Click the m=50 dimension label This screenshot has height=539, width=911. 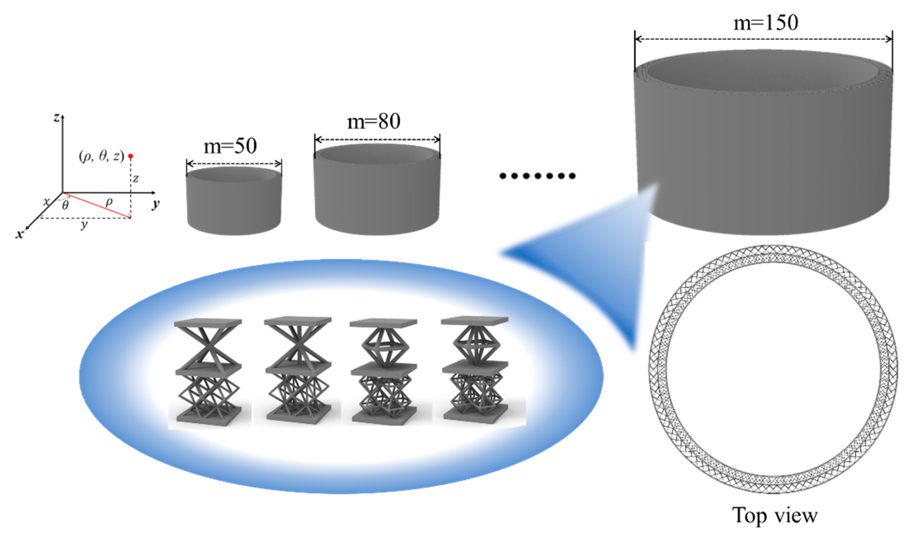click(x=230, y=147)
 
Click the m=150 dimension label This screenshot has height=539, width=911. click(x=766, y=23)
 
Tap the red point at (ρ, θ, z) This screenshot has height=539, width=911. click(x=131, y=156)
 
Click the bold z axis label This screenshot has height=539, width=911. click(x=56, y=118)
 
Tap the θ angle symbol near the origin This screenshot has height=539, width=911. click(x=65, y=206)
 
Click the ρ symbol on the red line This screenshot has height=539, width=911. click(x=108, y=202)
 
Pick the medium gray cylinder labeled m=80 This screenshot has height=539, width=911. click(x=377, y=192)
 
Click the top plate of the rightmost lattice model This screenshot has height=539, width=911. click(x=474, y=320)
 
